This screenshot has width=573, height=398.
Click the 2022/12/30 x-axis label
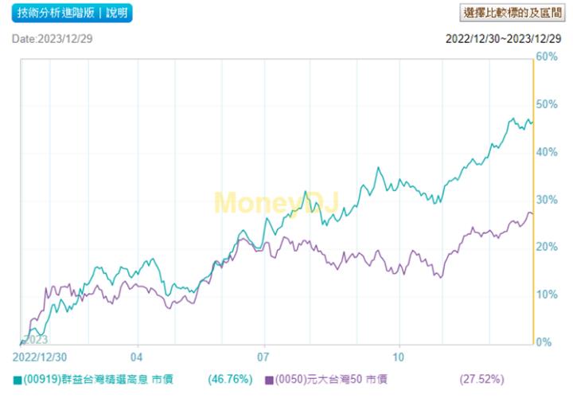pyautogui.click(x=41, y=357)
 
